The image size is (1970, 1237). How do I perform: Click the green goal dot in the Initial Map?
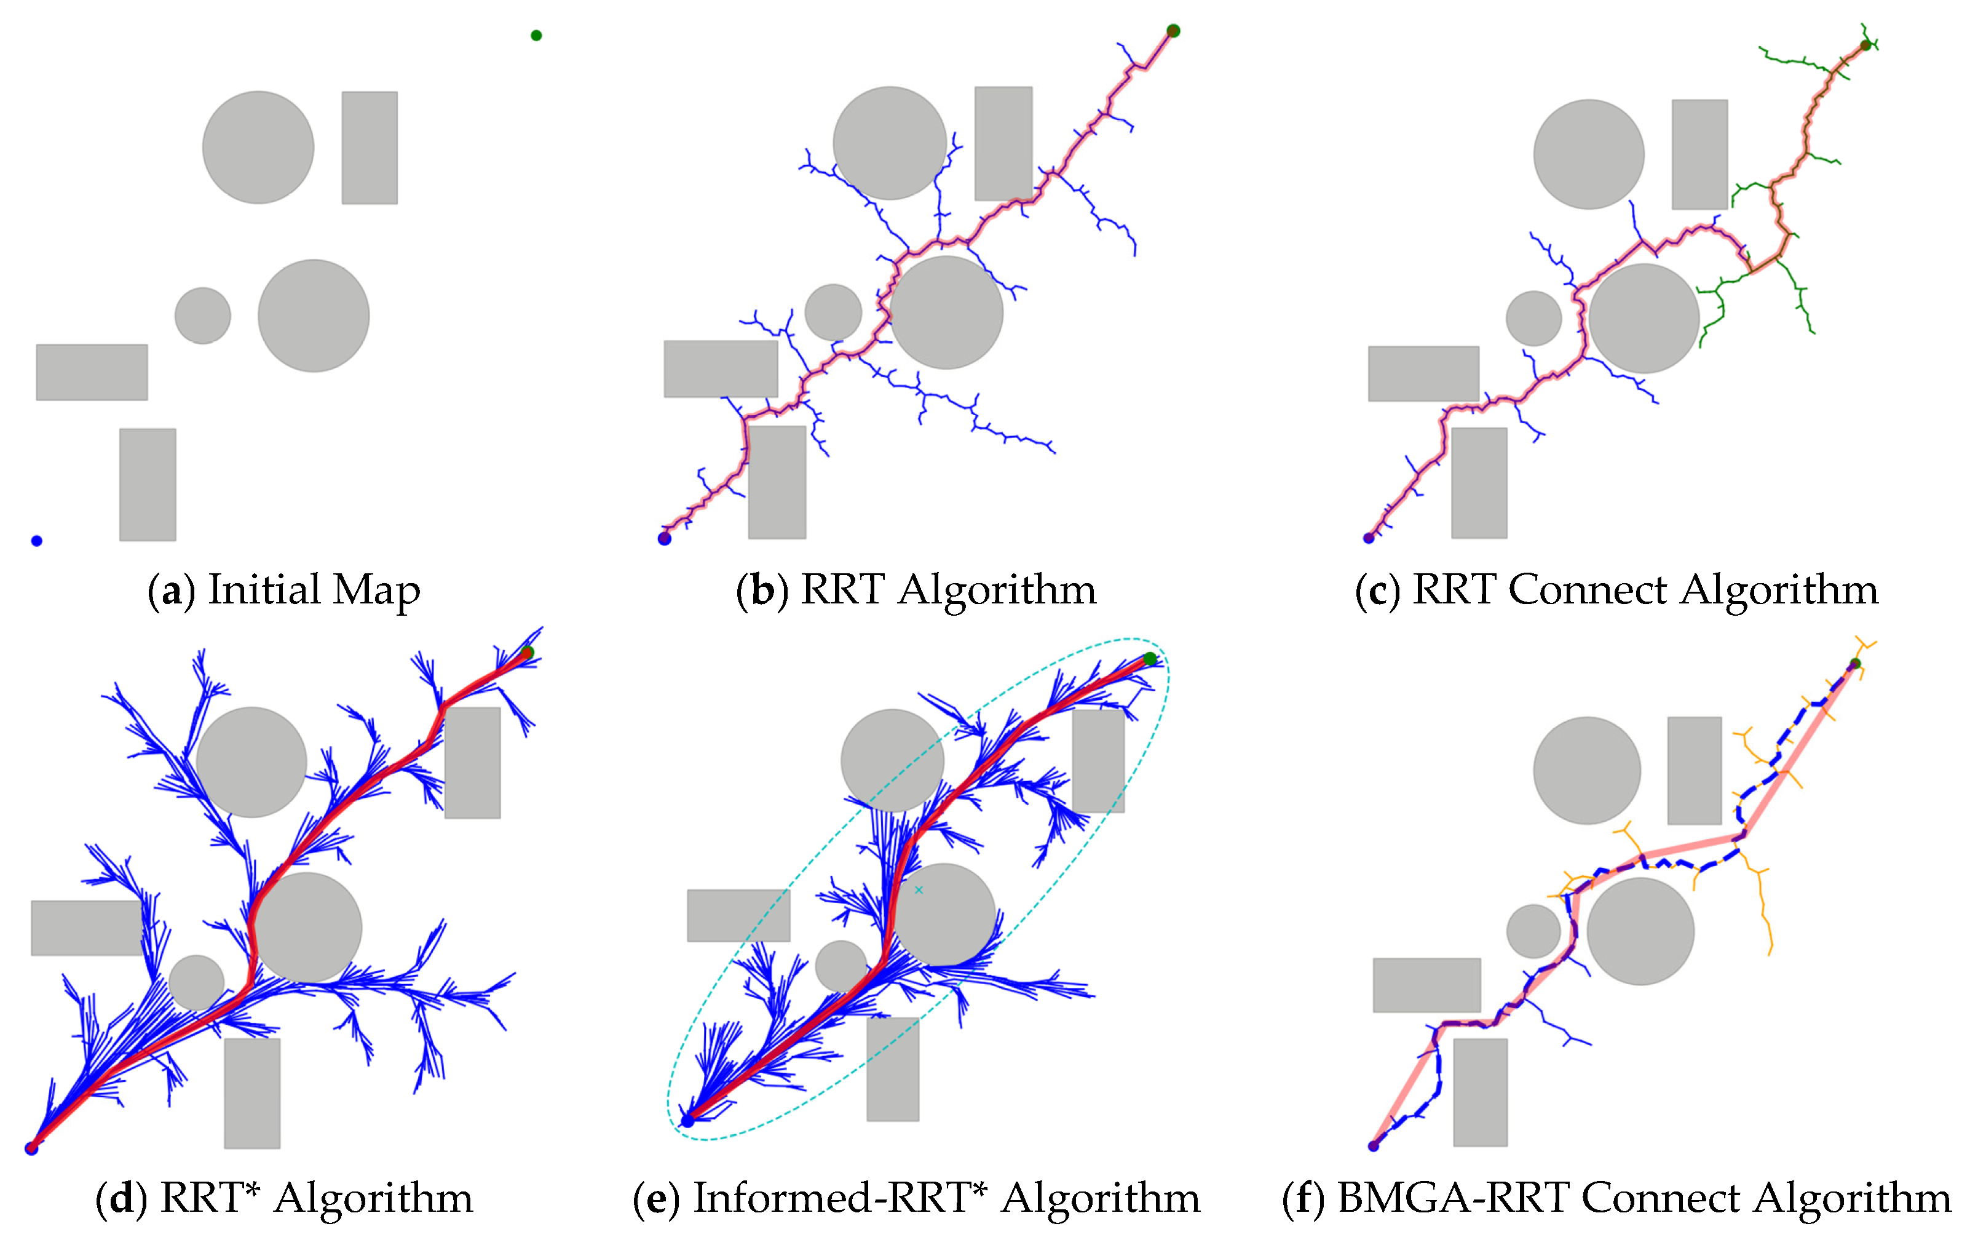point(536,35)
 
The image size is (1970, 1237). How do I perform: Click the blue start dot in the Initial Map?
point(37,541)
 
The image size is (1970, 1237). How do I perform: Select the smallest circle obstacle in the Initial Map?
point(203,316)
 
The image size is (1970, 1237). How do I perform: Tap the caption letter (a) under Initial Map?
point(172,591)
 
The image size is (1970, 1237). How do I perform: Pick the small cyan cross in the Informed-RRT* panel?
point(919,890)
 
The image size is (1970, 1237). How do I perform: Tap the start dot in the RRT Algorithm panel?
point(664,538)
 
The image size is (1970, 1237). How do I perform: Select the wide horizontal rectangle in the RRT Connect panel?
point(1423,374)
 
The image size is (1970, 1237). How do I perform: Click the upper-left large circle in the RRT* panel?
point(251,763)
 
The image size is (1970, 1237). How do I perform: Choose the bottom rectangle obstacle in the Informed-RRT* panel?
point(892,1068)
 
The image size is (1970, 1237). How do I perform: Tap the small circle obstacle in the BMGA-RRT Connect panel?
point(1533,931)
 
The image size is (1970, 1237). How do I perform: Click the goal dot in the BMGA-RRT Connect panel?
point(1854,664)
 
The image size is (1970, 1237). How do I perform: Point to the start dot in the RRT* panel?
point(32,1148)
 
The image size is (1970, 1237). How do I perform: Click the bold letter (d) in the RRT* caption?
point(122,1198)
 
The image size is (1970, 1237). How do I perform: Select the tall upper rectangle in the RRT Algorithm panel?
point(1003,143)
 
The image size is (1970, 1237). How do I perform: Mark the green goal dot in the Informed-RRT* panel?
point(1150,659)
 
